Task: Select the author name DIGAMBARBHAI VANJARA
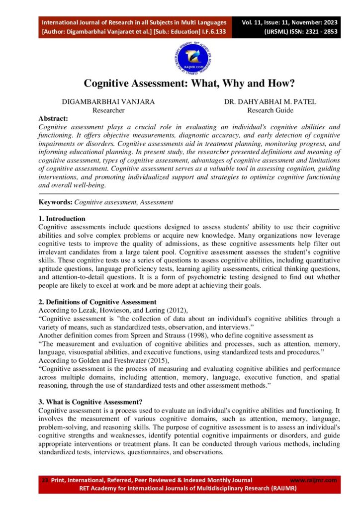(108, 102)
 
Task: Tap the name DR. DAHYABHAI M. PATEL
(270, 102)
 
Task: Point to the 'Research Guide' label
(270, 110)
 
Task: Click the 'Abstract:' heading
(53, 119)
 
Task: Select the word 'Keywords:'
(56, 202)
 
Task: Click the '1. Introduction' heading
(62, 219)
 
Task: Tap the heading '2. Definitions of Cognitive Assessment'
(97, 302)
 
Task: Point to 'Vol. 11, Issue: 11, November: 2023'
(290, 23)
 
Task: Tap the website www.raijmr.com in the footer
(313, 480)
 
